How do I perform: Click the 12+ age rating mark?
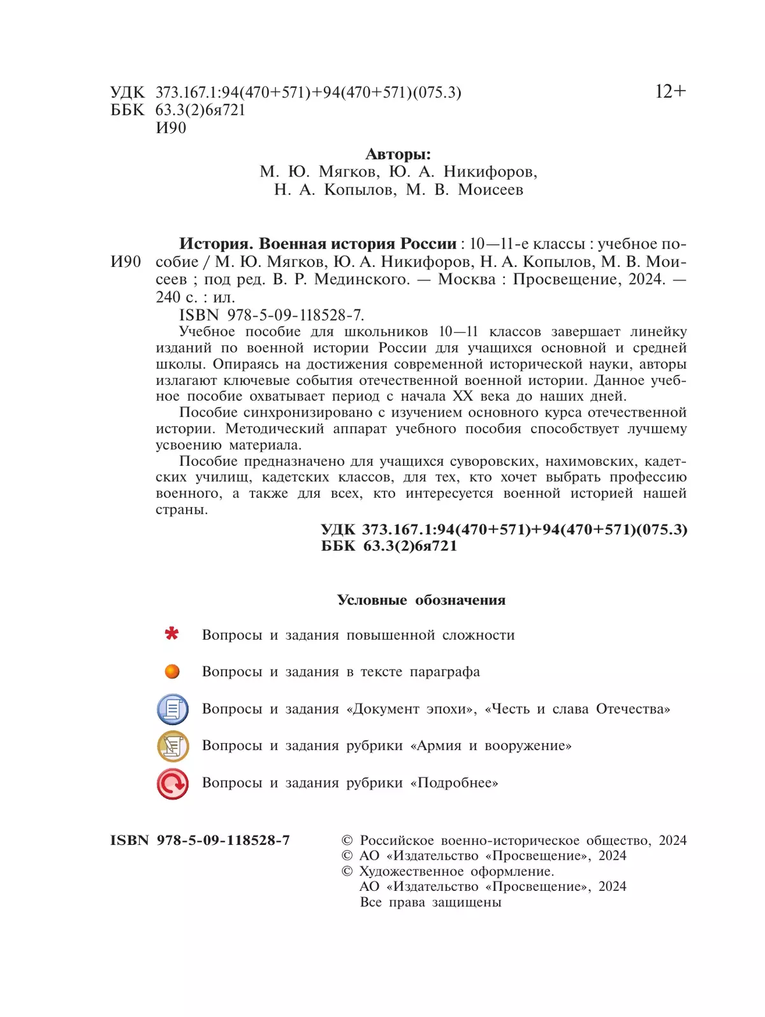click(670, 92)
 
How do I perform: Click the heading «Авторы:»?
click(398, 154)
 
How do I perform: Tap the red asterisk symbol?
click(171, 634)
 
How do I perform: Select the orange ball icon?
click(172, 672)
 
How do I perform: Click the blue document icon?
click(173, 709)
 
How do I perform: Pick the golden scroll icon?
click(173, 746)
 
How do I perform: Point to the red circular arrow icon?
click(173, 783)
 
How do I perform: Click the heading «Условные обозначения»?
click(421, 600)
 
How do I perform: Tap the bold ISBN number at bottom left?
click(200, 840)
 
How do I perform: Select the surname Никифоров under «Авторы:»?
click(490, 172)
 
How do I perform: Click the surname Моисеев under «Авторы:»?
click(490, 190)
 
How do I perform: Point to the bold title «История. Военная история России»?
click(317, 244)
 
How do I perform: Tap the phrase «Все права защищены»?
click(430, 902)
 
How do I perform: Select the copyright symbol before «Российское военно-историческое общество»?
click(347, 841)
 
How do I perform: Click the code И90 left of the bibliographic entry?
click(126, 262)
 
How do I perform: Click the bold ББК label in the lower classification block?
click(338, 546)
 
